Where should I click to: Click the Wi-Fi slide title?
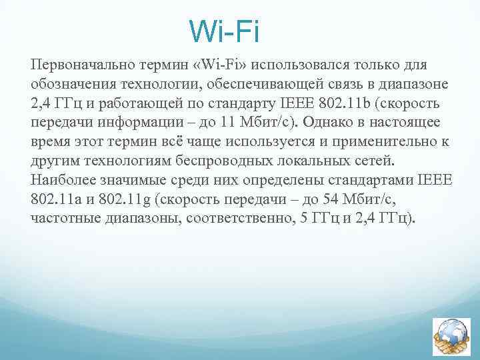pos(223,31)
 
